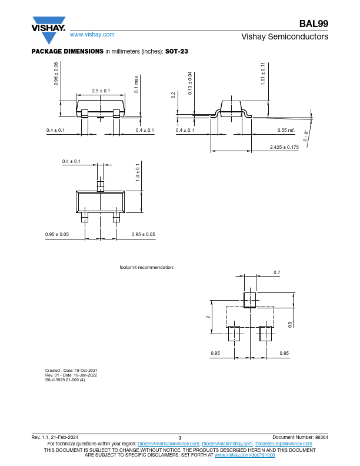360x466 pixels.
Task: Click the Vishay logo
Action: (48, 30)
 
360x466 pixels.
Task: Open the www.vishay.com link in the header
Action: (92, 35)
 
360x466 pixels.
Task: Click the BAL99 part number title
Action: (314, 24)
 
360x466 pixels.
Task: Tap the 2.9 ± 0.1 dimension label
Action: (101, 91)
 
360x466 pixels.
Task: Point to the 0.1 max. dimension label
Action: (136, 84)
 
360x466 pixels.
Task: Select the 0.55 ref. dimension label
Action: (286, 130)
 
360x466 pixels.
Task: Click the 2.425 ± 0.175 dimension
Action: (284, 147)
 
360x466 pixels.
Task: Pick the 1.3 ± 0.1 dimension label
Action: (138, 172)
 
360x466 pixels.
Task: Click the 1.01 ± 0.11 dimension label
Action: (263, 74)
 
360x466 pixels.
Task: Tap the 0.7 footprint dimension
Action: (277, 272)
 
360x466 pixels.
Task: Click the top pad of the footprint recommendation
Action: (249, 300)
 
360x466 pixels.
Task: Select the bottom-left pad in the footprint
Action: (234, 334)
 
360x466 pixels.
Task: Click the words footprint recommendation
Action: (146, 267)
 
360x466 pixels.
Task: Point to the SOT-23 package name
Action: (176, 51)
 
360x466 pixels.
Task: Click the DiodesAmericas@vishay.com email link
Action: (168, 444)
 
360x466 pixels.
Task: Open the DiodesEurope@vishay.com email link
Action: (284, 444)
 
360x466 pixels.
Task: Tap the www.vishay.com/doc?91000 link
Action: (245, 455)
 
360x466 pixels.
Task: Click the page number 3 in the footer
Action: (179, 438)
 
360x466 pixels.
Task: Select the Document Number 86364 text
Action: (301, 437)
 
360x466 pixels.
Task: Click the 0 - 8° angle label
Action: (306, 135)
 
